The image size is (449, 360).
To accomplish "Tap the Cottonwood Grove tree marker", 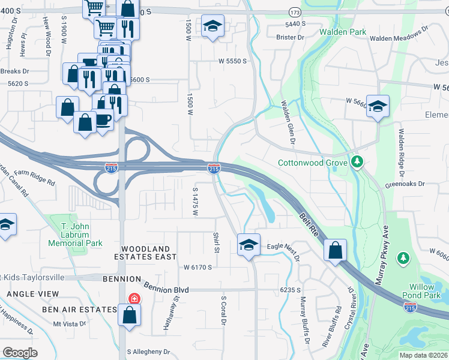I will click(x=357, y=162).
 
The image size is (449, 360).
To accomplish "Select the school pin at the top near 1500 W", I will click(x=212, y=26).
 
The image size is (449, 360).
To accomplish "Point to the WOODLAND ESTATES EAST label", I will click(x=149, y=253).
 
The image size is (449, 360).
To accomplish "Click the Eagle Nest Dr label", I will click(x=283, y=246).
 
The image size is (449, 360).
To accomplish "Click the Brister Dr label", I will click(x=291, y=37).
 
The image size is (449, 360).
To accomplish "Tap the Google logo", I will click(x=20, y=352).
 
